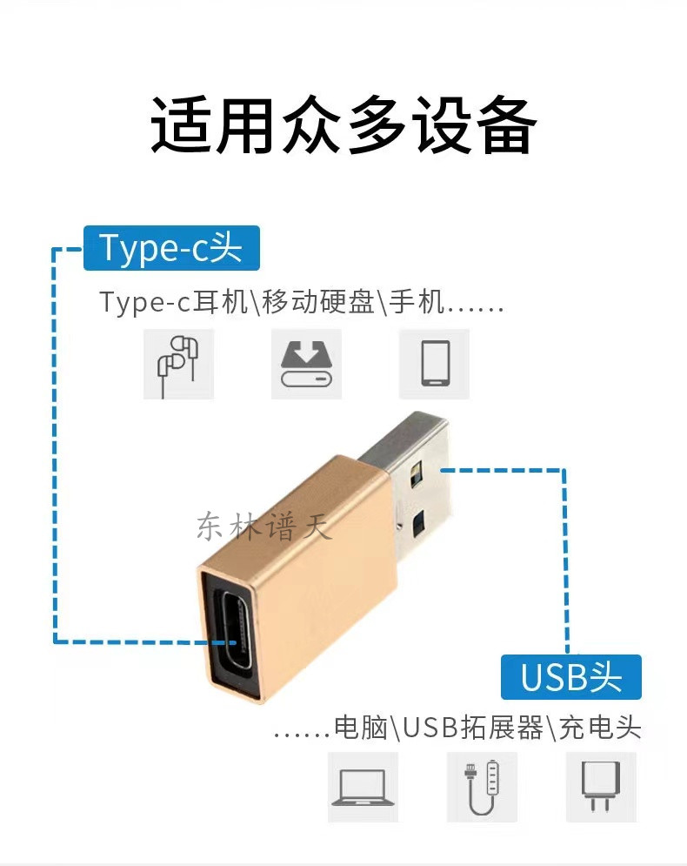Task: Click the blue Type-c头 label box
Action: (x=171, y=248)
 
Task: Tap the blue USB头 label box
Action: (x=571, y=677)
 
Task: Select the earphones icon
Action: (x=179, y=364)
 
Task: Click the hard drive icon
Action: (x=306, y=364)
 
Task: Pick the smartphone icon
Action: (x=434, y=364)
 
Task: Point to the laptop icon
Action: (x=364, y=787)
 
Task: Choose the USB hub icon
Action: (x=483, y=787)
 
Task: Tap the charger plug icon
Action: (x=602, y=787)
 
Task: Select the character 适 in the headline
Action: (x=181, y=124)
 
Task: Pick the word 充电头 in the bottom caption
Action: (x=600, y=728)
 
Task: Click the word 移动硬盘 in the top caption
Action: (x=319, y=302)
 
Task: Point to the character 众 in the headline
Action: (x=310, y=124)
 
